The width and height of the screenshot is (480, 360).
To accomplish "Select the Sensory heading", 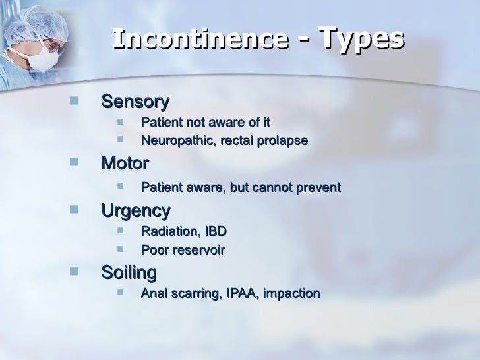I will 135,102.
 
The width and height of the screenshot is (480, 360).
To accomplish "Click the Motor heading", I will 125,164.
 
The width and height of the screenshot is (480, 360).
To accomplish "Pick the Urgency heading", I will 135,211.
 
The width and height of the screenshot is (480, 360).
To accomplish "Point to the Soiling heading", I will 129,272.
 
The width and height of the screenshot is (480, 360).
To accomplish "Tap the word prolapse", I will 284,141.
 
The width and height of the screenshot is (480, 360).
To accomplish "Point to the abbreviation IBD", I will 215,231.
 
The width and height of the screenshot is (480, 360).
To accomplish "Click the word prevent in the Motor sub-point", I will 319,188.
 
